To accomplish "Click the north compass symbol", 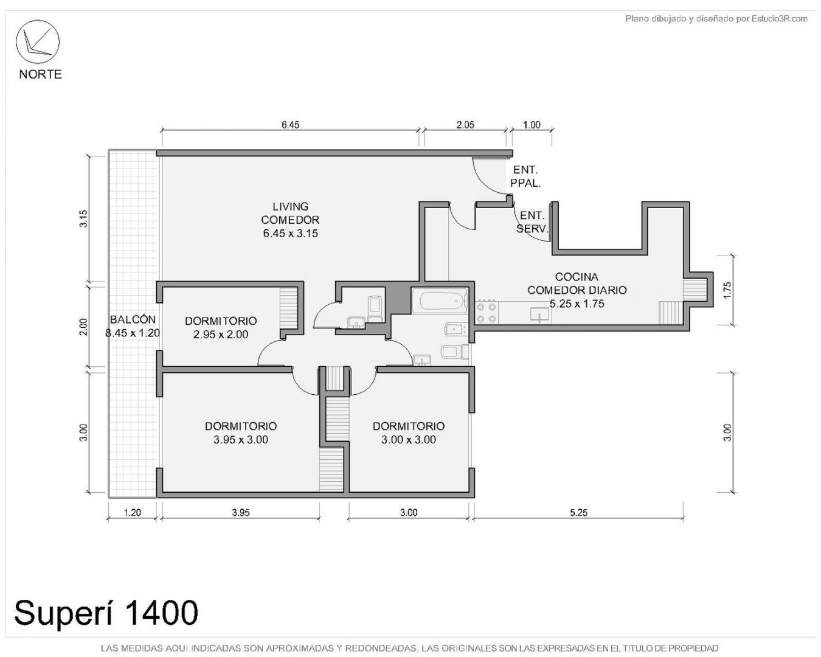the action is tap(37, 41).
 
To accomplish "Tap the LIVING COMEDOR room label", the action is tap(290, 220).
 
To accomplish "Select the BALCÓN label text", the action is tap(133, 319).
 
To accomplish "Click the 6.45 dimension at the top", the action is tap(290, 125).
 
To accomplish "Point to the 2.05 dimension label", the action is tap(465, 125).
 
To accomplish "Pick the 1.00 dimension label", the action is tap(532, 125).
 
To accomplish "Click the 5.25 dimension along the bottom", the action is tap(578, 512).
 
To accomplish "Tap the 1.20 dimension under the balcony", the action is tap(133, 512).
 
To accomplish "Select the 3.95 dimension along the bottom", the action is tap(241, 512).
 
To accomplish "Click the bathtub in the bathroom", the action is tap(440, 301).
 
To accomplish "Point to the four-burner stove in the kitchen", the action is tap(487, 312).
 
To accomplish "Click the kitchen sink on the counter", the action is tap(539, 315).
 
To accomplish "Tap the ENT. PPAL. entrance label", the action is tap(525, 176).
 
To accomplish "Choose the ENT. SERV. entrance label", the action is tap(532, 222).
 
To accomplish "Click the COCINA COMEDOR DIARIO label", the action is tap(577, 290).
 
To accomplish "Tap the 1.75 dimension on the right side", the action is tap(727, 290).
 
